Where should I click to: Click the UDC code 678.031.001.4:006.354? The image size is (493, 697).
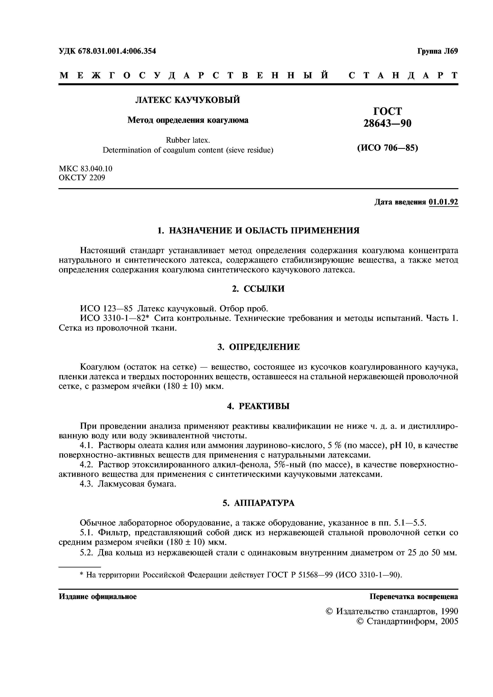[117, 51]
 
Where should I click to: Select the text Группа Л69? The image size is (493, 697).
[437, 51]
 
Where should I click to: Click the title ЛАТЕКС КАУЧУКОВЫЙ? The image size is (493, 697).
[187, 100]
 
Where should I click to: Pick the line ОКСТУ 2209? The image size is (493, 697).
[82, 178]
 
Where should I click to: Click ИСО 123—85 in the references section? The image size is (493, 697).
[106, 309]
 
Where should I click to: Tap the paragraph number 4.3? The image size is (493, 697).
[86, 484]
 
